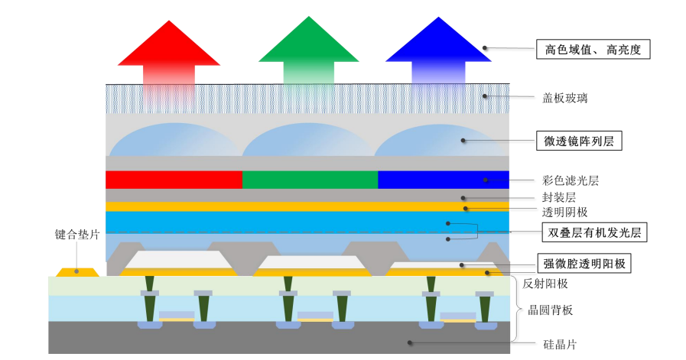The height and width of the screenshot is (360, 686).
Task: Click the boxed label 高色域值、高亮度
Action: click(593, 50)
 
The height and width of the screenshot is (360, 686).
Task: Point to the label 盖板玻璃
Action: click(565, 98)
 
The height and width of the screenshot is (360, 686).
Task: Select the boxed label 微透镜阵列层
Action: click(579, 141)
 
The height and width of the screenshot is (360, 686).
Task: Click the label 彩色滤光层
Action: click(571, 180)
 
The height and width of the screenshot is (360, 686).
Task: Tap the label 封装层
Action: click(559, 197)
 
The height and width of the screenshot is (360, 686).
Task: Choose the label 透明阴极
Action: click(565, 212)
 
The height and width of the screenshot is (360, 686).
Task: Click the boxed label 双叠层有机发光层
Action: click(594, 232)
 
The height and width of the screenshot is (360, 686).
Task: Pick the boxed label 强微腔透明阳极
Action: click(584, 264)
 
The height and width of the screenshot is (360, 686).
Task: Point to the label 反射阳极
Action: click(545, 284)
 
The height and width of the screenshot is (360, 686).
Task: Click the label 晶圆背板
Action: click(551, 310)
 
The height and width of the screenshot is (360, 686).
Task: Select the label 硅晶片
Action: click(560, 344)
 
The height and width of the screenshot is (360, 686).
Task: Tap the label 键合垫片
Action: click(77, 235)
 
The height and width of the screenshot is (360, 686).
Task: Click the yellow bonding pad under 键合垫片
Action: click(77, 272)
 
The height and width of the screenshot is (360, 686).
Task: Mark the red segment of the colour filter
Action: click(174, 180)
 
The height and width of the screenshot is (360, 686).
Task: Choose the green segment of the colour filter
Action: click(310, 180)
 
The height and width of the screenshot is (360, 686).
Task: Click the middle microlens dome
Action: click(308, 141)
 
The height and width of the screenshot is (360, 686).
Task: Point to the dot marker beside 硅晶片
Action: click(410, 342)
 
